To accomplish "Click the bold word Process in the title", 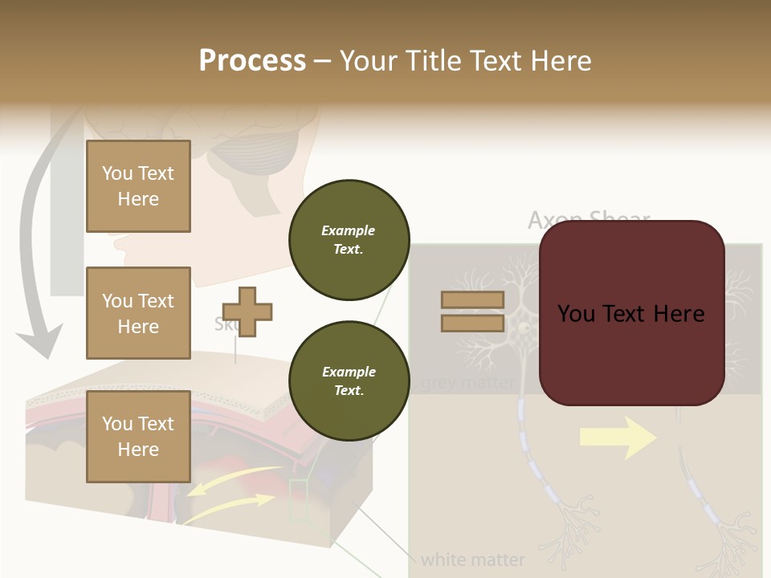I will point(252,60).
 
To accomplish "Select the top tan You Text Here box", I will point(138,186).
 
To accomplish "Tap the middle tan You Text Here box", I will point(138,313).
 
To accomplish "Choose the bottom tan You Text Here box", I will point(138,436).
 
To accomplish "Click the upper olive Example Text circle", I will point(349,239).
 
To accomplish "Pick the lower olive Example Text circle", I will point(349,381).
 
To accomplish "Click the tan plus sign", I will point(247,311).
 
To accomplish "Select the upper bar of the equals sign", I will point(472,299).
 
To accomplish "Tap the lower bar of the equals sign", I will point(472,323).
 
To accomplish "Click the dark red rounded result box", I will point(631,313).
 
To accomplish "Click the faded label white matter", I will point(472,560).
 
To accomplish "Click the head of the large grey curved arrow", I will point(40,341).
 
